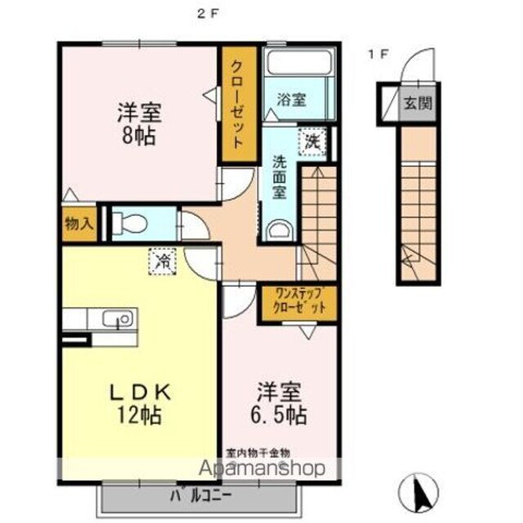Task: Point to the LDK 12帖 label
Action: pos(138,403)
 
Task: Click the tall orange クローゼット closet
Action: pos(236,104)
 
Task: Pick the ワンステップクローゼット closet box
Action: pos(298,302)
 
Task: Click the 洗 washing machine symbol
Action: pos(312,140)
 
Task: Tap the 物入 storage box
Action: pos(78,224)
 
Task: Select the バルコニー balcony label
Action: pos(202,494)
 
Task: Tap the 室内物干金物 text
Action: pos(257,451)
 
